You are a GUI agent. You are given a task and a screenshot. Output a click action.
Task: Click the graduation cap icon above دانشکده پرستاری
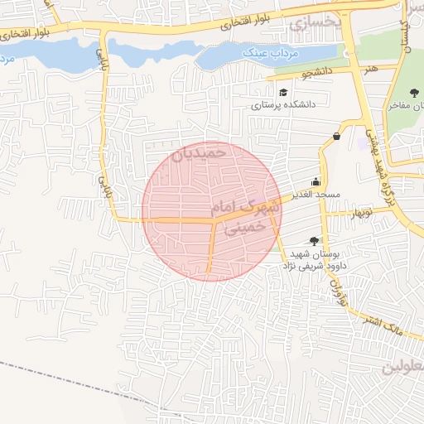[x=285, y=92]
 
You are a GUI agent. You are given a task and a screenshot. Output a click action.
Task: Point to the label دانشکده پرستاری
[x=285, y=105]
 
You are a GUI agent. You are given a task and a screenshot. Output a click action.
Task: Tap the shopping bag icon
[x=336, y=137]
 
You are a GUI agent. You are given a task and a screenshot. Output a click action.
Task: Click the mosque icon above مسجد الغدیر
[x=315, y=182]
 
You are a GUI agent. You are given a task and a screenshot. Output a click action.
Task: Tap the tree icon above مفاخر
[x=414, y=92]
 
